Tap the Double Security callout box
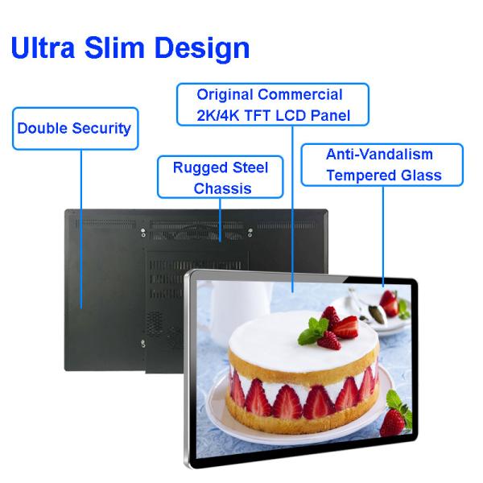click(74, 128)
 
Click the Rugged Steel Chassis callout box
click(220, 178)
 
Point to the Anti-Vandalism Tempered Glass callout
click(382, 164)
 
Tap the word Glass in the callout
click(419, 175)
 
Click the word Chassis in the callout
click(220, 188)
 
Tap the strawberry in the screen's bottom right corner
click(394, 419)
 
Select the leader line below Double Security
click(80, 225)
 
